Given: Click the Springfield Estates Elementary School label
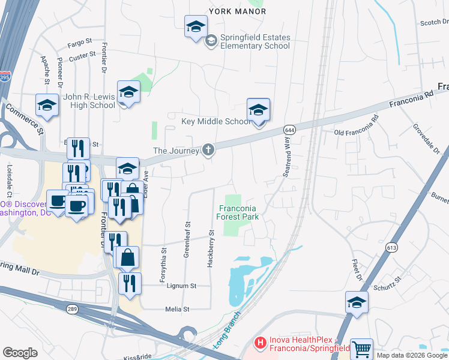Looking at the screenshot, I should point(247,41).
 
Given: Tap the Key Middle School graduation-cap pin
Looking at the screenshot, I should point(259,111).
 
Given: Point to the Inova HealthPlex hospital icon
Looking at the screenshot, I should point(261,343).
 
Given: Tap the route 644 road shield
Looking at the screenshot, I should point(289,130).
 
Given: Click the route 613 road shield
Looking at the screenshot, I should point(392,248).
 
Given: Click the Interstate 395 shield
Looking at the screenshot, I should point(4,77).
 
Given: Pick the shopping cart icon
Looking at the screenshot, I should point(361,349).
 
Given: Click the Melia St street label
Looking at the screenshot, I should point(177,309).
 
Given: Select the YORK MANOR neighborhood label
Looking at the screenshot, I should point(237,11).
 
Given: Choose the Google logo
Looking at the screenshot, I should point(20,353).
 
